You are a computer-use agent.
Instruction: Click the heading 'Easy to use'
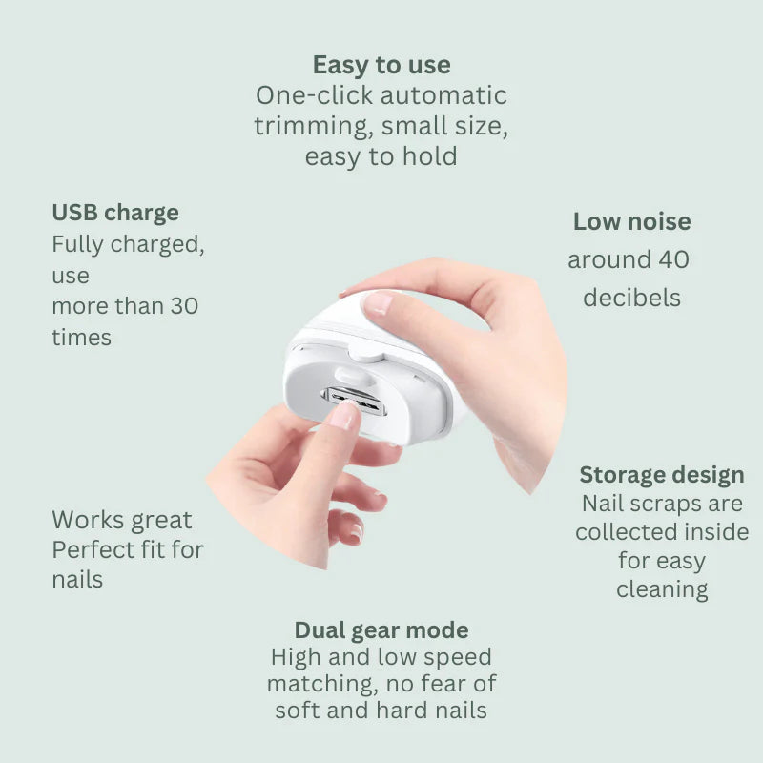coord(381,65)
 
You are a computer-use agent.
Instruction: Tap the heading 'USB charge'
coord(115,212)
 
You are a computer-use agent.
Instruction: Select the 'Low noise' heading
coord(631,221)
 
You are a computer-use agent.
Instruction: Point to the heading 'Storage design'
coord(662,474)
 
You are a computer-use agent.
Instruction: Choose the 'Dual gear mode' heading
coord(381,629)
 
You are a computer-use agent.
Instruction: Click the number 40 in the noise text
coord(673,259)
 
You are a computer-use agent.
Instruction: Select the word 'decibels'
coord(631,298)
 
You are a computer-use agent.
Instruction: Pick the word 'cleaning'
coord(662,589)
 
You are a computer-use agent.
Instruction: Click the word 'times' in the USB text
coord(81,337)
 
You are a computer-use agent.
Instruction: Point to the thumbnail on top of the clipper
coord(378,303)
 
